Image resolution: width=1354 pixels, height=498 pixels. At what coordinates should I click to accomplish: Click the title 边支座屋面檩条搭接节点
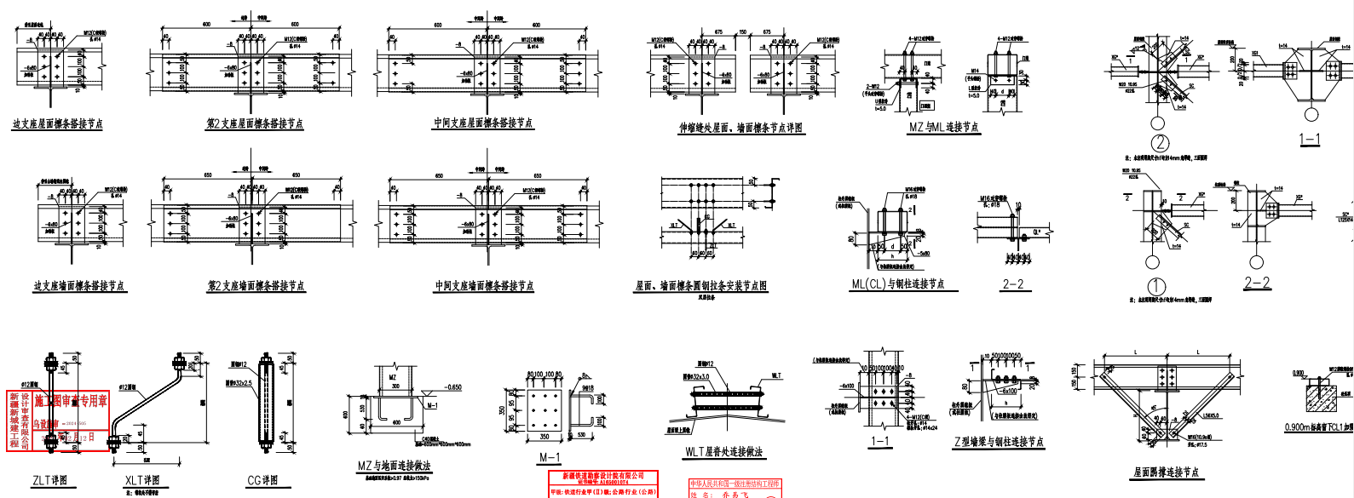coord(57,124)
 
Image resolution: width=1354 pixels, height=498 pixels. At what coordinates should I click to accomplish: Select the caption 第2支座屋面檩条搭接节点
coord(255,123)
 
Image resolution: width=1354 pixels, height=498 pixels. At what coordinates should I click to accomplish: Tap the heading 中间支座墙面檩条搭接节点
coord(484,286)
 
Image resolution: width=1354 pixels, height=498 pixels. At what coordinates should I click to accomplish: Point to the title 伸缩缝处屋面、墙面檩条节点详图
coord(740,128)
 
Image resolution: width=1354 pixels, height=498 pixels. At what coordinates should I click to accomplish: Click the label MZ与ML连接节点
coord(943,128)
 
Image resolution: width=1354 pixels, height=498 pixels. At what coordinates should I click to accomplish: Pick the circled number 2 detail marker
coord(1160,143)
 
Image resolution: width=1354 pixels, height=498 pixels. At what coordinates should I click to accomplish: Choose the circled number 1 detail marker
coord(1156,287)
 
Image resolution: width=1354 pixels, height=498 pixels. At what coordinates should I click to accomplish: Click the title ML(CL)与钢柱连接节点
coord(897,284)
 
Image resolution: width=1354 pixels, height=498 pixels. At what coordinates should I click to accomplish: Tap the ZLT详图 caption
coord(49,480)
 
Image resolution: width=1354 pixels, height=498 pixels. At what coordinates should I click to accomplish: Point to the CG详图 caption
coord(262,480)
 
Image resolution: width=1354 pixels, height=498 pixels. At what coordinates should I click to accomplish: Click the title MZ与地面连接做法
coord(394,466)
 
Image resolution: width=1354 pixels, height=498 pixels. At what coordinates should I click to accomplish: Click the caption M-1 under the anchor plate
coord(550,457)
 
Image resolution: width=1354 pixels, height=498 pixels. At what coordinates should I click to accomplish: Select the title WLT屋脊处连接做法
coord(723,452)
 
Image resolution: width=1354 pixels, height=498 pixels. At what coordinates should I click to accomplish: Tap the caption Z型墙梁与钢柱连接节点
coord(999,442)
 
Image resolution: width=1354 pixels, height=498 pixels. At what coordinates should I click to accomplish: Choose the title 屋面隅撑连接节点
coord(1166,472)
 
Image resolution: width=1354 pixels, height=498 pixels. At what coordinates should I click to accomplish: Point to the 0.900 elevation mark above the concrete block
coord(1298,374)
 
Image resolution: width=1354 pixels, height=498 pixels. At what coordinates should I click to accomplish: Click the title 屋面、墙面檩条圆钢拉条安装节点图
coord(700,286)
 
